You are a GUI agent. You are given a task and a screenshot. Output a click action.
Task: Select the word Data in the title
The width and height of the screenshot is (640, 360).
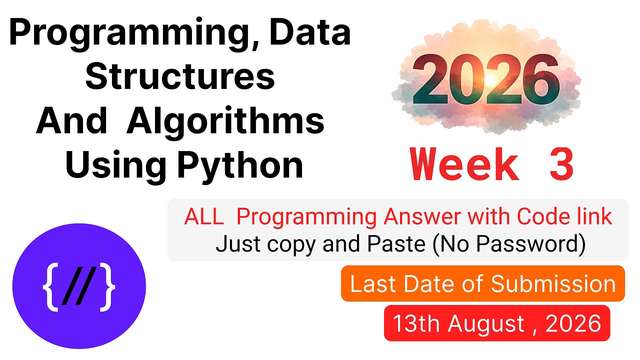coord(309,31)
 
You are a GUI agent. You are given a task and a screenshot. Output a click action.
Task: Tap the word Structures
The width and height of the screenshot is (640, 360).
coord(180,75)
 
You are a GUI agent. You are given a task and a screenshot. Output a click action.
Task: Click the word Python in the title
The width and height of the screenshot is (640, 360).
coord(240,166)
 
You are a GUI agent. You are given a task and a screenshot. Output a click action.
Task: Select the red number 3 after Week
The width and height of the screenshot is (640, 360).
coord(561,164)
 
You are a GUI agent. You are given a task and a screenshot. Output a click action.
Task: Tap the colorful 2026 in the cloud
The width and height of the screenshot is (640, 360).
coord(485,79)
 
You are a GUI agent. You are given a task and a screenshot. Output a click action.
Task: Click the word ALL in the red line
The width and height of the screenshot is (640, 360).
coord(203,216)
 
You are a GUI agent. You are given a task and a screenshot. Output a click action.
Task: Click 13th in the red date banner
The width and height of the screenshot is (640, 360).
coord(416,323)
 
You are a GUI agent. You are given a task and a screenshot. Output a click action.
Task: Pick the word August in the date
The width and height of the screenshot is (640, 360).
coord(485,324)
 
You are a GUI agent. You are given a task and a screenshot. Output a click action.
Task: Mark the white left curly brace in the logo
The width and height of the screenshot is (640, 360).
coord(51,286)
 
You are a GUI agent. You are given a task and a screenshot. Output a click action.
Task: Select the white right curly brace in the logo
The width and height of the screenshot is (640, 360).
coord(107,286)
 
